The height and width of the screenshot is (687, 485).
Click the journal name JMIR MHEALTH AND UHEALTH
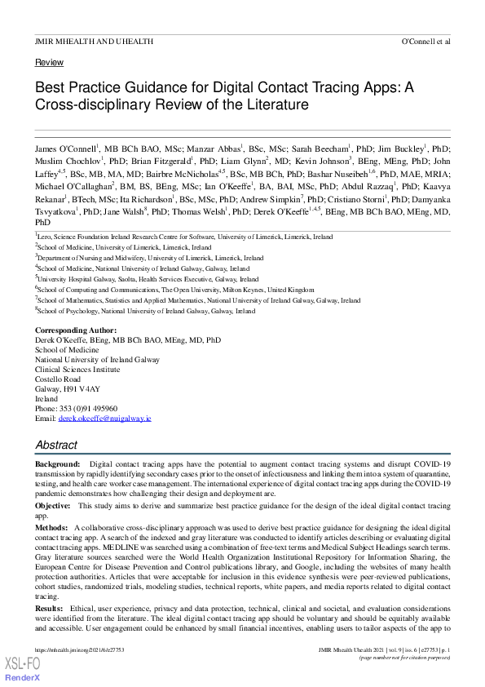(x=82, y=40)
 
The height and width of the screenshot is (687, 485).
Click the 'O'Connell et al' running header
(x=425, y=40)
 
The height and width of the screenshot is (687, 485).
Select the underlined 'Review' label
(x=49, y=62)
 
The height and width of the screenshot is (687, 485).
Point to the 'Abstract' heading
(x=56, y=445)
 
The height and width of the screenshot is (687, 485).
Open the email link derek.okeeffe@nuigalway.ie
(x=104, y=418)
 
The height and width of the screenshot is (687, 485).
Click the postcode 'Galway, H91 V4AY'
(x=68, y=389)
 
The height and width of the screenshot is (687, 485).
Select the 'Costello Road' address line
(x=58, y=379)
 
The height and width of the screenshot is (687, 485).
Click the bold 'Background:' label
(x=58, y=463)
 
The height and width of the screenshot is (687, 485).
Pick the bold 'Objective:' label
(x=53, y=506)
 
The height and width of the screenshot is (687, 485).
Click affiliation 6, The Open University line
(x=176, y=289)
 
